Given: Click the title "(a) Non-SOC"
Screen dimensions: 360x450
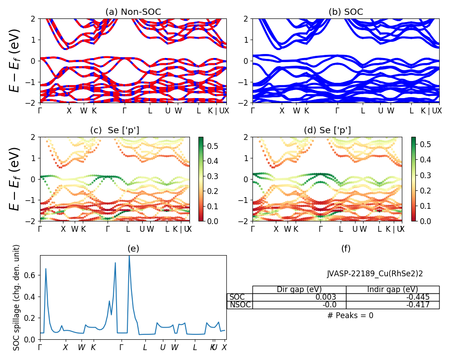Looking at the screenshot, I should [133, 12].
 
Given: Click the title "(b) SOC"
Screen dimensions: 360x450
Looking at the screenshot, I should [346, 12].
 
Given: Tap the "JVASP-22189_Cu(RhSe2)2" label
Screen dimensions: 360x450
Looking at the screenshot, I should [375, 273].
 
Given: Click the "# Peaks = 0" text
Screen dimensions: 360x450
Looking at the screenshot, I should [350, 315].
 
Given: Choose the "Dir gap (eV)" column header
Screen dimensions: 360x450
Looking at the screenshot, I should [299, 289].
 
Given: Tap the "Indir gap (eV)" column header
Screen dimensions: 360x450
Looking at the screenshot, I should [392, 289].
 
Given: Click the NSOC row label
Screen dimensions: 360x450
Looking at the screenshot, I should [240, 305].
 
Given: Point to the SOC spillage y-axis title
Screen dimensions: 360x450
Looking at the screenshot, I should [17, 297].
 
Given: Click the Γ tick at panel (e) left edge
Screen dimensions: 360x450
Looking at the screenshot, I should [40, 347].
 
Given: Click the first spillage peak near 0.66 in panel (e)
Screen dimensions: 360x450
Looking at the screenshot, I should [46, 269].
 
